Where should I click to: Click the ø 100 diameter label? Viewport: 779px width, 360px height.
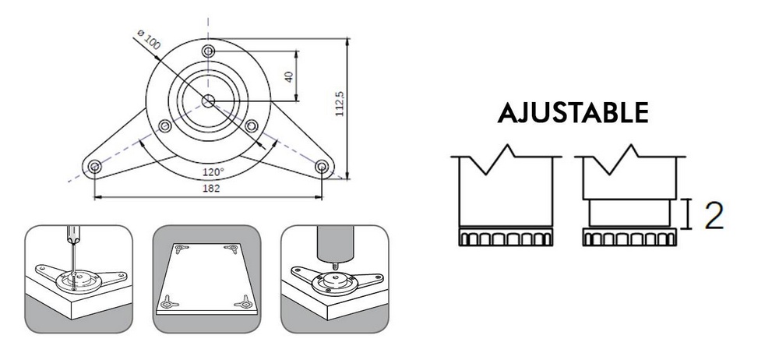point(149,39)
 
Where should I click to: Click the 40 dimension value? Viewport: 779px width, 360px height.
point(289,76)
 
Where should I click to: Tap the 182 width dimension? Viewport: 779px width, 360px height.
point(211,188)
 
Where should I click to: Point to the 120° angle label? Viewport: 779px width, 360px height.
point(213,172)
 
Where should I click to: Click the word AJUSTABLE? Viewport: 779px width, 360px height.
point(573,113)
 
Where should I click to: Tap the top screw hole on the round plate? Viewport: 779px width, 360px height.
point(208,51)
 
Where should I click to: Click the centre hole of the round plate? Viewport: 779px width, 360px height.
point(208,101)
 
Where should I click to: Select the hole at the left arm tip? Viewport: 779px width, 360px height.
point(94,167)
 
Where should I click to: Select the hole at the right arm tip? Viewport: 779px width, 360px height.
point(322,166)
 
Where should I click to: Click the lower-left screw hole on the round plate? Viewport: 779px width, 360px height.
point(164,125)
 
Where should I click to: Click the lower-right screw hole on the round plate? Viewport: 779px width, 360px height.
point(252,125)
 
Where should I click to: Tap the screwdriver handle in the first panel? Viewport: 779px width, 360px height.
point(73,235)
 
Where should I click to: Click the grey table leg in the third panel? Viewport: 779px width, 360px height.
point(335,242)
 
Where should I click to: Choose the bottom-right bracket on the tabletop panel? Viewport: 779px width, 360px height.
point(244,302)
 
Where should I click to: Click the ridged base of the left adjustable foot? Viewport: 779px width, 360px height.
point(506,237)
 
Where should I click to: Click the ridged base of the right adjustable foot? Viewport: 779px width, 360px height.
point(629,238)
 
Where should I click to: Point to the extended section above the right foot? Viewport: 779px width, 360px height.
point(629,213)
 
